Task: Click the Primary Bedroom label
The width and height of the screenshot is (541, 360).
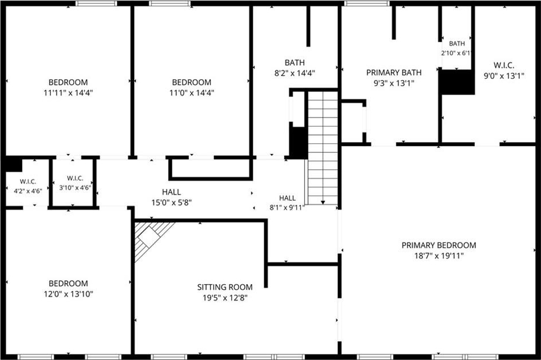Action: tap(438, 245)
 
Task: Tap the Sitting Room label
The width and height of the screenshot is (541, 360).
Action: tap(225, 287)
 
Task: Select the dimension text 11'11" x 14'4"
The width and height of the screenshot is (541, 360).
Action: tap(68, 93)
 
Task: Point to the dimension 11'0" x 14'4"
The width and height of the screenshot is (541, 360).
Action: tap(192, 93)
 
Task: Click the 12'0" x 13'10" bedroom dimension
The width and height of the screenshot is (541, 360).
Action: tap(68, 294)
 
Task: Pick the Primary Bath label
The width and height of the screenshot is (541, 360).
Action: tap(394, 72)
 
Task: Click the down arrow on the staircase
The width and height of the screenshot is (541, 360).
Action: tap(322, 203)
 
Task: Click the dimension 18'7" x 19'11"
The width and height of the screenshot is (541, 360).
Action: tap(438, 256)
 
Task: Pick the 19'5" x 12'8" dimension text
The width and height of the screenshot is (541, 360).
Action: tap(225, 298)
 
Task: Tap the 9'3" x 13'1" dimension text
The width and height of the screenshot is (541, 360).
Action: tap(394, 83)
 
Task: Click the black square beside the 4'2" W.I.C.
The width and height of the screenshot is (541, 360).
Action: tap(14, 164)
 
